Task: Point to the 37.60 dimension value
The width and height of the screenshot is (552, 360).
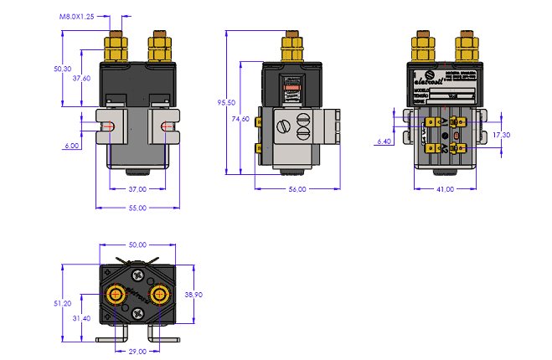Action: (x=81, y=78)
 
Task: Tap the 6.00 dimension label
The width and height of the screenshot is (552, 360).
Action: (x=71, y=146)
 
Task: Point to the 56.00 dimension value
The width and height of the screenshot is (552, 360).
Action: (x=298, y=189)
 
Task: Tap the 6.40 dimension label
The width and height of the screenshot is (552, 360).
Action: (x=384, y=141)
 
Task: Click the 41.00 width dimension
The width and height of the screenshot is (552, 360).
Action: (x=445, y=189)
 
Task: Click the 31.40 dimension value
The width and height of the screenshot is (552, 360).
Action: (x=81, y=318)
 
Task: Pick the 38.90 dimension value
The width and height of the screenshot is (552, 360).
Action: (x=193, y=296)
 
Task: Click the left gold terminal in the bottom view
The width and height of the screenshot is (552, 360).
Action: (x=115, y=294)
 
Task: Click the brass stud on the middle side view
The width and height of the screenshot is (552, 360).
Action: (x=291, y=47)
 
